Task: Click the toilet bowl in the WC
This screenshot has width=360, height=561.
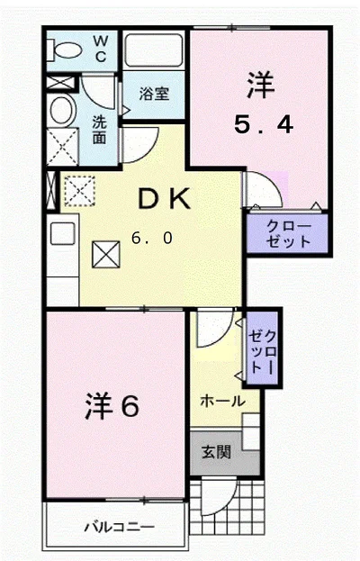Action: (x=64, y=50)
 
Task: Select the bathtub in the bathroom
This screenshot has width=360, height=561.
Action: (x=153, y=50)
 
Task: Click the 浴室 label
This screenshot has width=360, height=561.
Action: (x=154, y=94)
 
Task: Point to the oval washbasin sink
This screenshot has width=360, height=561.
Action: (x=63, y=110)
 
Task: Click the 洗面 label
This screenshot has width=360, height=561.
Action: (x=99, y=130)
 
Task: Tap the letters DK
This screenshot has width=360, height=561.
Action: (x=164, y=199)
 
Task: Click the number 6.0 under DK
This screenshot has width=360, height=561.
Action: (x=152, y=238)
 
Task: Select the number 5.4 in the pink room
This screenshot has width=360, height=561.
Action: (x=264, y=125)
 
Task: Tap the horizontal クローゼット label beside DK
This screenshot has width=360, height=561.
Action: (x=288, y=234)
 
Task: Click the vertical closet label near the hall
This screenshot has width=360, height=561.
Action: (x=263, y=352)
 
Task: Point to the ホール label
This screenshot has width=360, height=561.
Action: (x=222, y=401)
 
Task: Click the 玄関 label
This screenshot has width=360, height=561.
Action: (x=216, y=452)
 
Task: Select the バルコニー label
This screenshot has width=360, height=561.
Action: (x=120, y=527)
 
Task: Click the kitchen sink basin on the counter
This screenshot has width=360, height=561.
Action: (x=63, y=233)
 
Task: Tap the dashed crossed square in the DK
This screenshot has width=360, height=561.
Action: (x=79, y=191)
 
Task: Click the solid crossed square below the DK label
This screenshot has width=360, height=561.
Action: (x=106, y=254)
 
